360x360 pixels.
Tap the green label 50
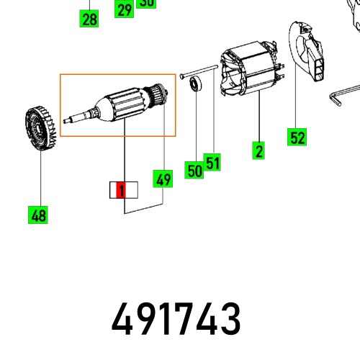coord(194,171)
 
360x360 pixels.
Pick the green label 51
coord(212,163)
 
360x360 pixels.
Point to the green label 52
coord(297,137)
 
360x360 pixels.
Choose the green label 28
coord(89,19)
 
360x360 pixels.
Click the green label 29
coord(125,9)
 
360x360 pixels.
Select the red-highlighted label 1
coord(122,191)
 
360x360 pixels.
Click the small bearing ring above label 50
coord(194,86)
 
